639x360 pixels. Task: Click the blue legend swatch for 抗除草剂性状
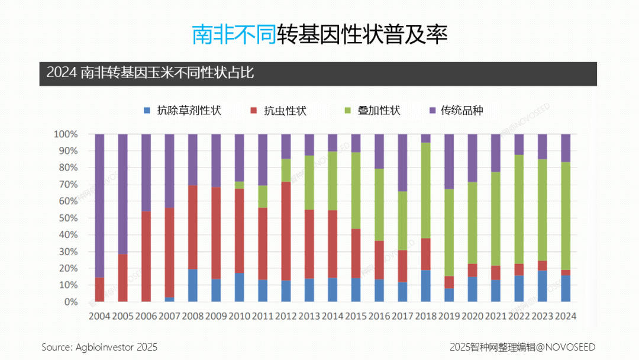tap(147, 111)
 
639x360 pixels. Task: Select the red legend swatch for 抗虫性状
tap(254, 111)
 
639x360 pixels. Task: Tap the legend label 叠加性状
tap(379, 111)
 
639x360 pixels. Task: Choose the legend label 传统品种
tap(462, 111)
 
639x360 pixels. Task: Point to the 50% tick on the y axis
tap(66, 218)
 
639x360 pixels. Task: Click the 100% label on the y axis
tap(64, 134)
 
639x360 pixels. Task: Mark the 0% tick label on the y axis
tap(69, 302)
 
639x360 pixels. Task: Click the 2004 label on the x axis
tap(99, 316)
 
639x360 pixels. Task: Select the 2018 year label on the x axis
tap(426, 316)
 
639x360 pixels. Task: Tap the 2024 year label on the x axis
tap(566, 316)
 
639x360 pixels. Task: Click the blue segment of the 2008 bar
tap(193, 285)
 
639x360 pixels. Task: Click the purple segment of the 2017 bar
tap(402, 162)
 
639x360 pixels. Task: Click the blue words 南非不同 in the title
tap(234, 34)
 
